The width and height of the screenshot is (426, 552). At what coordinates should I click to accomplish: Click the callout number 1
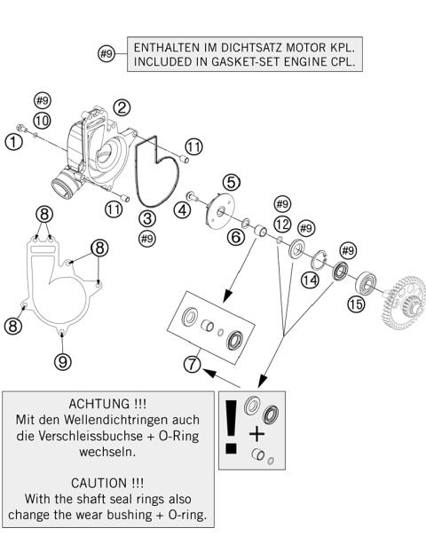[x=13, y=141]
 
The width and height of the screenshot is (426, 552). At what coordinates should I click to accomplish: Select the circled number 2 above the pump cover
[x=122, y=106]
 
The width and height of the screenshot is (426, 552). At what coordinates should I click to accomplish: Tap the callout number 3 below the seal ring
[x=147, y=217]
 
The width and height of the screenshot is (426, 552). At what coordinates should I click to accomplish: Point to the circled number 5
[x=231, y=181]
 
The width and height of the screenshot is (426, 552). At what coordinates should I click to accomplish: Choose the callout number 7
[x=191, y=362]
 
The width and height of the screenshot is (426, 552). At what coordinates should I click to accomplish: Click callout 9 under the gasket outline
[x=61, y=360]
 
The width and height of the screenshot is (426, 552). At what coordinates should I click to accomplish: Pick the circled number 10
[x=42, y=120]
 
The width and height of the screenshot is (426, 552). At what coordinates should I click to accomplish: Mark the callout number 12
[x=283, y=224]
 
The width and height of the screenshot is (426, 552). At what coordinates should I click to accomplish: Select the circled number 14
[x=309, y=280]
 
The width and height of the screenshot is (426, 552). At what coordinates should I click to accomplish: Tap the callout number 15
[x=356, y=304]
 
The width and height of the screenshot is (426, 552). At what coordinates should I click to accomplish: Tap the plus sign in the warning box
[x=257, y=435]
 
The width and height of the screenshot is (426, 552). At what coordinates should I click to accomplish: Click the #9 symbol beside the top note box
[x=106, y=54]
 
